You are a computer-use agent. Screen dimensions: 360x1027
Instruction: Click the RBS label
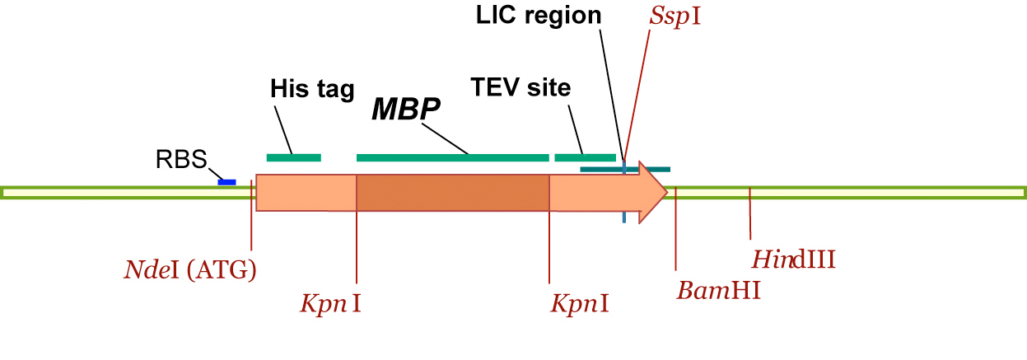[181, 159]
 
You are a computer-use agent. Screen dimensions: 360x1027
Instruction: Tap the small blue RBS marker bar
[226, 181]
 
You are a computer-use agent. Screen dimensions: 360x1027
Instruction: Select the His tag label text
[312, 88]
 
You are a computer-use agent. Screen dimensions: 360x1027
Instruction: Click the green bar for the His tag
[293, 157]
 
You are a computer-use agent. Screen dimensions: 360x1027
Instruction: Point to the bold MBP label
[406, 110]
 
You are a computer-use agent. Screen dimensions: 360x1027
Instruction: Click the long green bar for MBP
[452, 157]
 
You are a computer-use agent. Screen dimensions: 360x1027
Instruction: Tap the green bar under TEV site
[585, 157]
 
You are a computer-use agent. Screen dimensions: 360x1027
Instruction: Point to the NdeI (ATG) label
[190, 269]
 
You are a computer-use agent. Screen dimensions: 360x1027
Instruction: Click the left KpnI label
[330, 304]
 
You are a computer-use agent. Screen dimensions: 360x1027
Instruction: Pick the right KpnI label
[581, 304]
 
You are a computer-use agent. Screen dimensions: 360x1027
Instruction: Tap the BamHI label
[718, 290]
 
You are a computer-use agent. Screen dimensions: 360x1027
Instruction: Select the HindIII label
[794, 260]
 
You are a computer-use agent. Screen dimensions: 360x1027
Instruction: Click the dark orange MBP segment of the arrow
[452, 192]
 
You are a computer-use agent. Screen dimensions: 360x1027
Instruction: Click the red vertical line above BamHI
[675, 231]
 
